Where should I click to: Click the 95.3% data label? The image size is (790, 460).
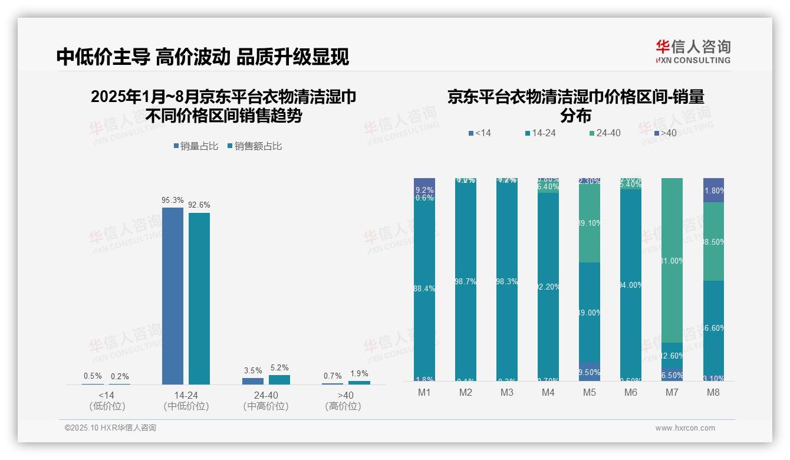(x=172, y=201)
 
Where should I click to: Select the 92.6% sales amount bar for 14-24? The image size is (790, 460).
(x=199, y=298)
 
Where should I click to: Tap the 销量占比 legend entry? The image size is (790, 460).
(x=197, y=146)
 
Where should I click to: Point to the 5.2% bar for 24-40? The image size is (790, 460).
(x=279, y=380)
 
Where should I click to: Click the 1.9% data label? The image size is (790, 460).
(x=358, y=373)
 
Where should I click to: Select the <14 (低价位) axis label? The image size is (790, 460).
(x=107, y=400)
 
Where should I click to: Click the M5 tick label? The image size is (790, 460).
(x=590, y=392)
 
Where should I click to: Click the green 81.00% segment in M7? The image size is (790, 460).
(x=672, y=259)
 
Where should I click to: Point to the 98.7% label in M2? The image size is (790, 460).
(x=466, y=282)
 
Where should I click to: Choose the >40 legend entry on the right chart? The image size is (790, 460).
(x=666, y=133)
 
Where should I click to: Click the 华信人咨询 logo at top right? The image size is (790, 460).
(x=693, y=51)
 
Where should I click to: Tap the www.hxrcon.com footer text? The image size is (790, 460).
(x=685, y=428)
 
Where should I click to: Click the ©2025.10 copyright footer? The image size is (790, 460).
(x=110, y=428)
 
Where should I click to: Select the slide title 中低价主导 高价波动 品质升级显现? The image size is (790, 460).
(x=203, y=57)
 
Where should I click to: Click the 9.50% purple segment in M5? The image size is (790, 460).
(x=590, y=372)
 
